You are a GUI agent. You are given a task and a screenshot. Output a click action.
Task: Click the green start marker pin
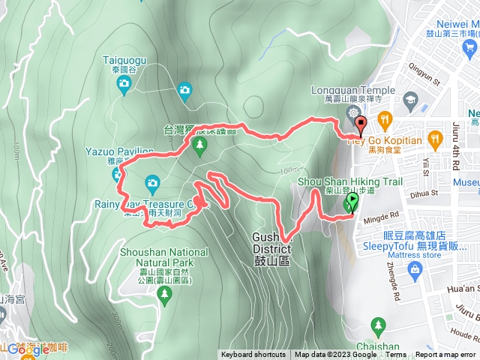[351, 202]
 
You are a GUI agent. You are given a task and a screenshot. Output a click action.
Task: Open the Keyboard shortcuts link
[253, 355]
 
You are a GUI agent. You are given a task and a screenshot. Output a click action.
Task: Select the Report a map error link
[445, 355]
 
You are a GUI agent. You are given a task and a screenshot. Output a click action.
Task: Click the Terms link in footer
[396, 355]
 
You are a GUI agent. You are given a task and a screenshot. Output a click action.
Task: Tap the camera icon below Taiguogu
[184, 91]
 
